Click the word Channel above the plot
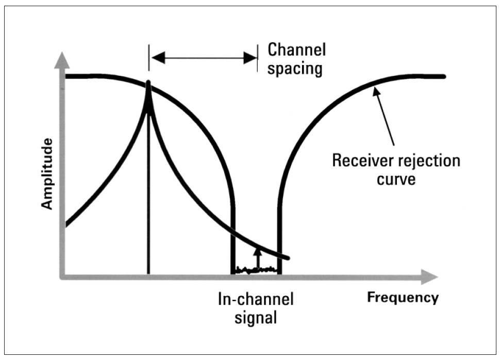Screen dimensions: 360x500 (297, 51)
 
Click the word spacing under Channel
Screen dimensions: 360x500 (295, 69)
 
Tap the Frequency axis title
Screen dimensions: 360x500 (403, 298)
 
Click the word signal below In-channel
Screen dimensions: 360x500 (256, 317)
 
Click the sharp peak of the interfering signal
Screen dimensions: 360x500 (148, 83)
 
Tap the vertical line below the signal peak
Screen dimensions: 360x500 (148, 206)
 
